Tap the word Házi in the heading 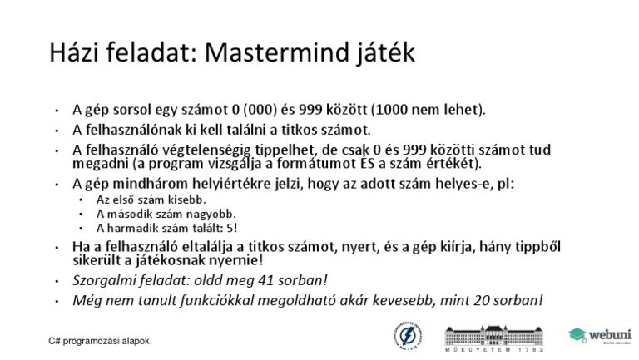(x=73, y=52)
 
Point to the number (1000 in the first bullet (x=389, y=110)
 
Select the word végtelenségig (x=206, y=150)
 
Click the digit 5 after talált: (x=230, y=228)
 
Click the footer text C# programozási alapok (x=99, y=341)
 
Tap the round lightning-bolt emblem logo (x=408, y=336)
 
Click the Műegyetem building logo (x=494, y=338)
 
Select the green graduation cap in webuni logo (x=577, y=335)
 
